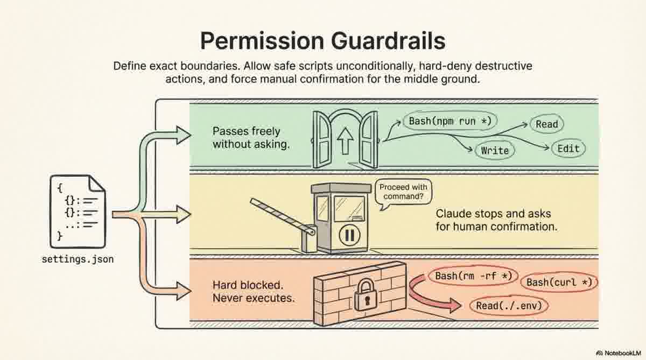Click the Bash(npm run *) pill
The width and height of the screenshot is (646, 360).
pyautogui.click(x=450, y=121)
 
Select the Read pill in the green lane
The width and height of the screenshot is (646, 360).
pyautogui.click(x=546, y=124)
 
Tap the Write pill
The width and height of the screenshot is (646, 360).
pyautogui.click(x=495, y=150)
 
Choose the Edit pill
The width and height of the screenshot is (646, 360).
pyautogui.click(x=568, y=149)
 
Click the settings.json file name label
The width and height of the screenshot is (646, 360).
pyautogui.click(x=78, y=259)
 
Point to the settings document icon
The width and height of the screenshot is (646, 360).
pyautogui.click(x=78, y=210)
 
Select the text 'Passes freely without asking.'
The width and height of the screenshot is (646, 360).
pyautogui.click(x=246, y=138)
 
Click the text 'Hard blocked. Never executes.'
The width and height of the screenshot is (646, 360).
pyautogui.click(x=254, y=291)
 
